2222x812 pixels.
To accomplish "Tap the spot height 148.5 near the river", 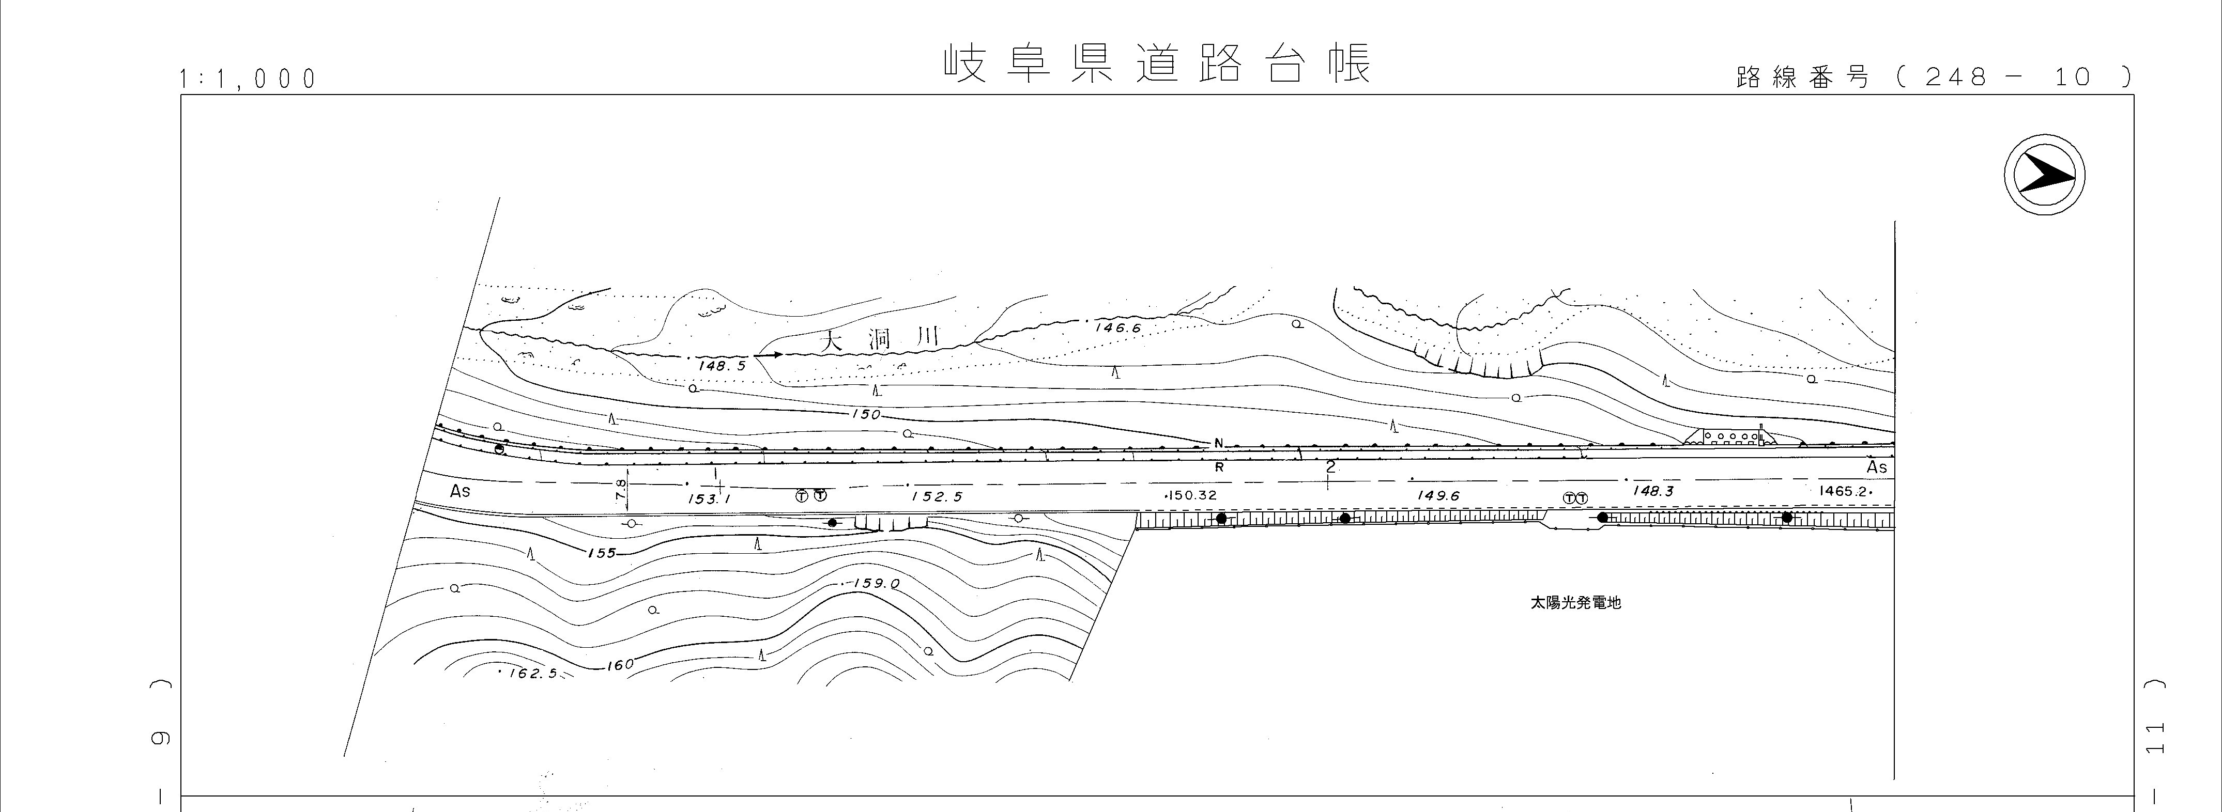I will coord(721,366).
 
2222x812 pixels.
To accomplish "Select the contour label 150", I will coord(866,415).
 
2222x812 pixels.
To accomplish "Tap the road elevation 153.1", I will coord(709,498).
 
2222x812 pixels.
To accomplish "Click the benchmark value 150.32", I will coord(1191,496).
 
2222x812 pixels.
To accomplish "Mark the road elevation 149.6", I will coord(1438,496).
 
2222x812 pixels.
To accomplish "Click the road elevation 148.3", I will coord(1653,491).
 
